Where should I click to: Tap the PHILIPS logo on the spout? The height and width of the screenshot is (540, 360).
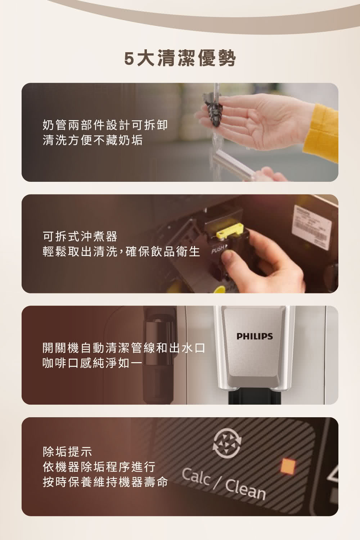(x=255, y=336)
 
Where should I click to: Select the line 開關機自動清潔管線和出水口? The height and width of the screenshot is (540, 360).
(x=124, y=348)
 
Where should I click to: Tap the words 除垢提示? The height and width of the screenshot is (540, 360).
(x=67, y=450)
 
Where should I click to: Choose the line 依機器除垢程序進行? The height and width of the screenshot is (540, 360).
(x=99, y=467)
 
